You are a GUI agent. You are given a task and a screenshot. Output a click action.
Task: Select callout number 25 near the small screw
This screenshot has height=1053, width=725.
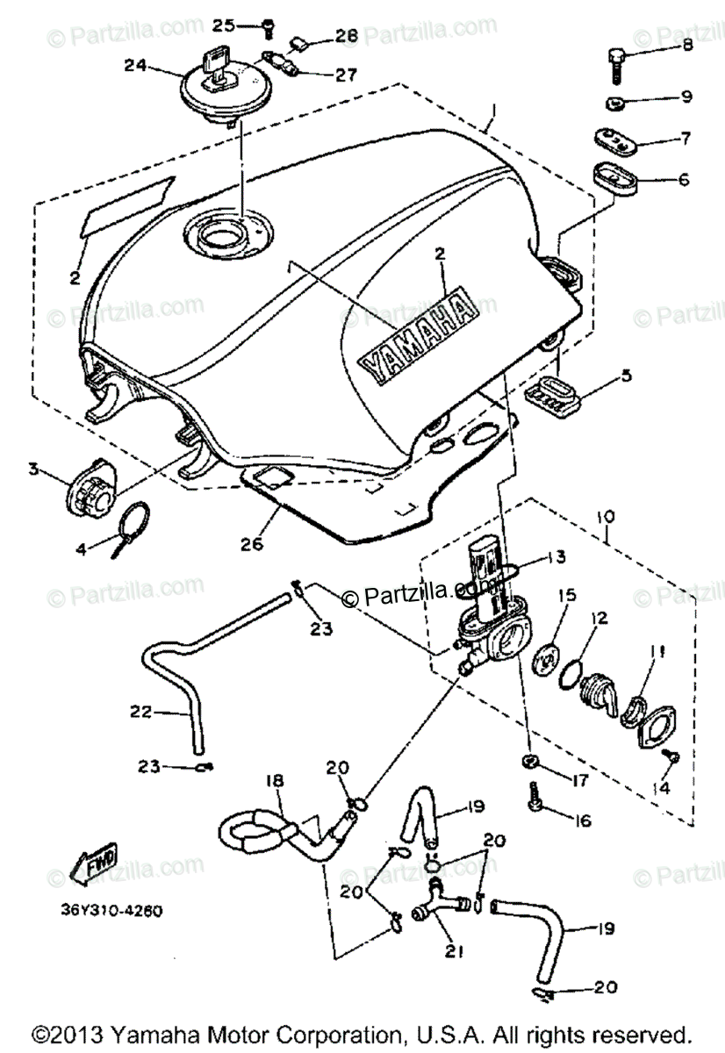(224, 25)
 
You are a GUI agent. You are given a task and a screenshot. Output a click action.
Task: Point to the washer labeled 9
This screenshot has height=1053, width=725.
(614, 102)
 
